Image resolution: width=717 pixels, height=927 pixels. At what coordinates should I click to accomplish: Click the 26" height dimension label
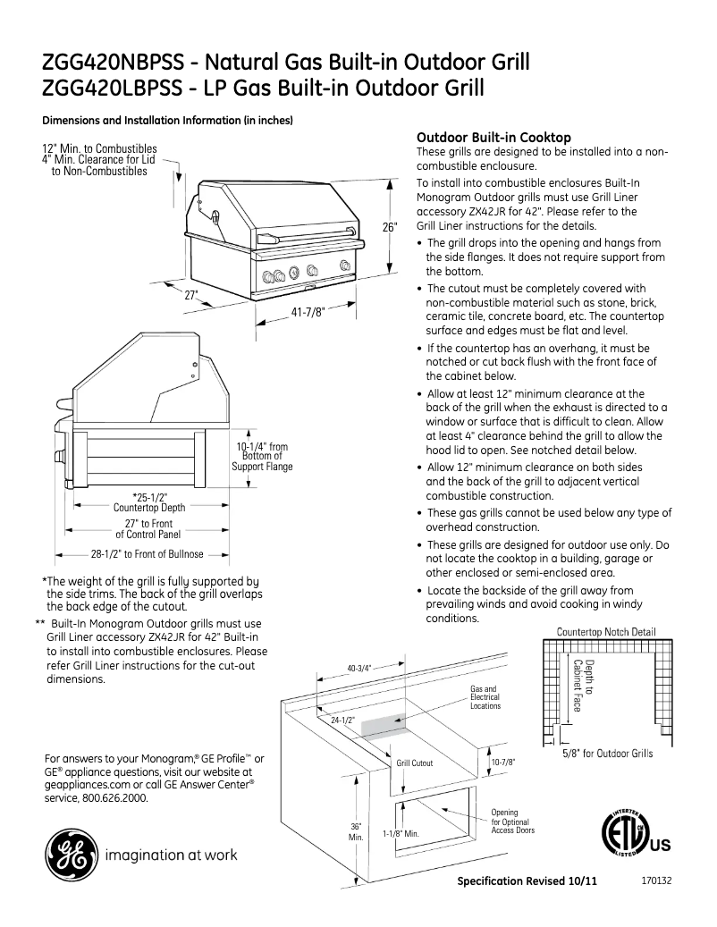point(389,228)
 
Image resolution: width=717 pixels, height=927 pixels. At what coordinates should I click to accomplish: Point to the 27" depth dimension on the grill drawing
point(191,294)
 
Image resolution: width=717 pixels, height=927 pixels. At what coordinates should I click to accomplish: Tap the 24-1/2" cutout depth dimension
point(343,719)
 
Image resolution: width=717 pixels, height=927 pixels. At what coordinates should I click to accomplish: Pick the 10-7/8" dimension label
point(503,762)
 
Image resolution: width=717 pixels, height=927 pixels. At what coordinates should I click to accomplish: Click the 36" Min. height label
point(355,831)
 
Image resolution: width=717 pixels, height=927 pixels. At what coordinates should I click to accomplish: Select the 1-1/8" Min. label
point(401,833)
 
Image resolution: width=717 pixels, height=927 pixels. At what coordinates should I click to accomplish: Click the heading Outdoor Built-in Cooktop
point(493,138)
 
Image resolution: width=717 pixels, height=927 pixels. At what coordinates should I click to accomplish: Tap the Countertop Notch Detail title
point(606,632)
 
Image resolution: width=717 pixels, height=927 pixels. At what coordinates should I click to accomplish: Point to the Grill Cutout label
point(415,763)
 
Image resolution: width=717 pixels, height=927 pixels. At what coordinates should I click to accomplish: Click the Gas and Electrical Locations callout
point(485,697)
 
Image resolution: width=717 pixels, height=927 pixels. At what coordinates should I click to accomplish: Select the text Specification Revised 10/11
point(527,881)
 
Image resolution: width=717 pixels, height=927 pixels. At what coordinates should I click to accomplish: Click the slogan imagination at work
point(172,855)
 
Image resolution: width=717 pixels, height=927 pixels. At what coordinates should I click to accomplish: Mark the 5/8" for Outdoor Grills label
point(607,754)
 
